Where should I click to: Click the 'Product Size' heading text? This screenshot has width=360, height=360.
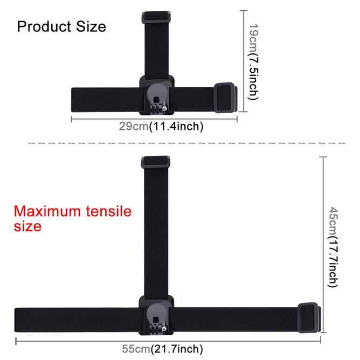[x=61, y=26]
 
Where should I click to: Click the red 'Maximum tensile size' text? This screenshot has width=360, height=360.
[x=72, y=218]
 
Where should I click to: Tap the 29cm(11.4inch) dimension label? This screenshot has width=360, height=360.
[x=154, y=127]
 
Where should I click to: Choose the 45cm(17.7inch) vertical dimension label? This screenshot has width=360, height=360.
[x=334, y=248]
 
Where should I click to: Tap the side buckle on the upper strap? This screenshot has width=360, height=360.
[x=226, y=97]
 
